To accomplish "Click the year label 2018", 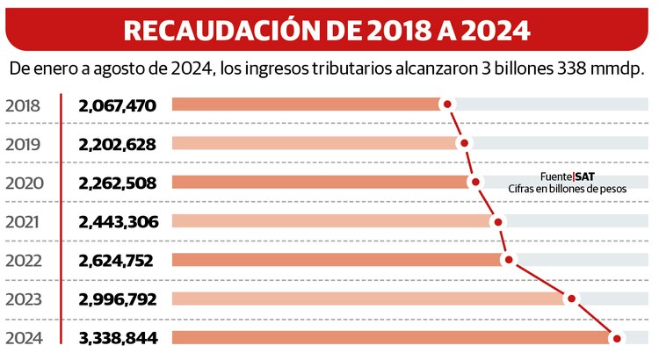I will (x=23, y=106).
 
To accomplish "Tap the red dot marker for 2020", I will (x=475, y=182).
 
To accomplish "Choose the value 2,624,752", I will (x=116, y=260).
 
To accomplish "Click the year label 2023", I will (x=23, y=299).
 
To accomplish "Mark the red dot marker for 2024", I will (x=617, y=338).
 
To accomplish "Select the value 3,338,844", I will (x=118, y=338).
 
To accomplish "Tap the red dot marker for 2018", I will (x=448, y=104).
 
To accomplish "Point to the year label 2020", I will (x=23, y=184).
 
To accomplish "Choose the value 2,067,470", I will (x=117, y=106).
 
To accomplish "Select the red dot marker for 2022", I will (x=507, y=260).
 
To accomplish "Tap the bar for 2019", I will (x=316, y=143).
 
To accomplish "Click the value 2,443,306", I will (x=118, y=222).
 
